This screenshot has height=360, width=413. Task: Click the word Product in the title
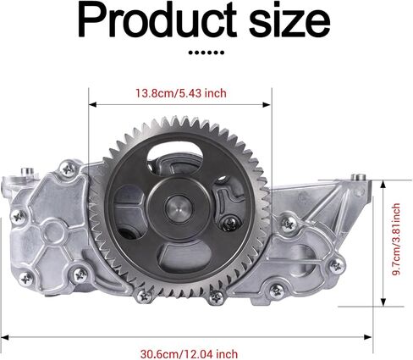[x=157, y=19]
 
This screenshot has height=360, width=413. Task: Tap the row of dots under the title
[x=206, y=53]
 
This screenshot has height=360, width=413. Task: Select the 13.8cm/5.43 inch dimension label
[x=181, y=93]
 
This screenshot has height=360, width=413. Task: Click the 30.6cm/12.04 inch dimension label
[x=189, y=354]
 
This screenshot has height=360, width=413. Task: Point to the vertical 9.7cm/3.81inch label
[x=396, y=239]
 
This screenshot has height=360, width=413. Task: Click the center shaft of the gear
[x=179, y=208]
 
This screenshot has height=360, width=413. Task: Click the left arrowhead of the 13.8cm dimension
[x=92, y=105]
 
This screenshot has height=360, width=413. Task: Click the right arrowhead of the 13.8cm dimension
[x=267, y=105]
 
